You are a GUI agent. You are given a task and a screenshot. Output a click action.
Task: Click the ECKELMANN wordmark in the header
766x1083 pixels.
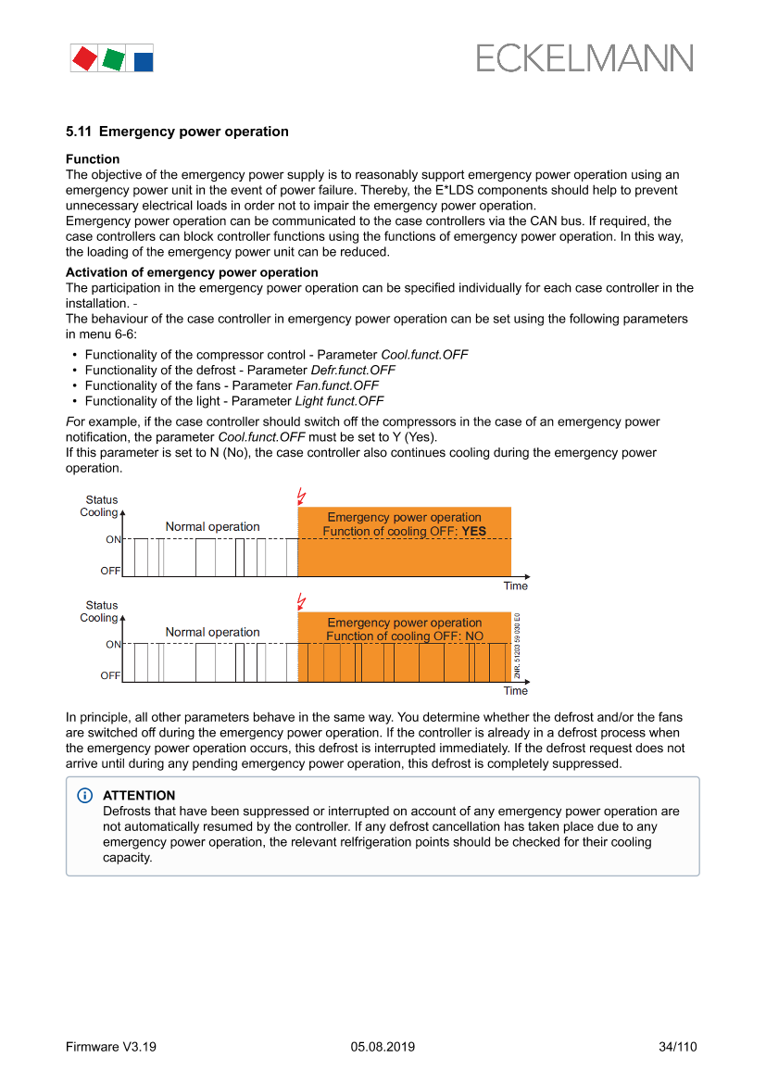click(x=584, y=58)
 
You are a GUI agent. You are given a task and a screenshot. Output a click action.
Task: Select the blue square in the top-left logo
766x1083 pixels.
click(x=144, y=62)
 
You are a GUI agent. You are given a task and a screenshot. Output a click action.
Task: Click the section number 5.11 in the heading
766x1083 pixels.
click(x=78, y=132)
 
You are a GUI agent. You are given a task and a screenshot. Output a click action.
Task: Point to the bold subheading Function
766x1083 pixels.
click(x=93, y=159)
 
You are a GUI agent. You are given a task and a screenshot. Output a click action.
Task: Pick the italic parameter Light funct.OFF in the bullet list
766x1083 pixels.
click(x=339, y=401)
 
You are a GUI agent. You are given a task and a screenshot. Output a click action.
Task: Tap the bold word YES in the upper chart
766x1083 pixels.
click(x=473, y=532)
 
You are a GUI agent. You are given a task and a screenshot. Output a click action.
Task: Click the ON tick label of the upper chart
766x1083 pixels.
click(x=112, y=539)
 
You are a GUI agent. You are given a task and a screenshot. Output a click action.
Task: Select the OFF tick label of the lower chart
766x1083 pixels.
click(x=110, y=676)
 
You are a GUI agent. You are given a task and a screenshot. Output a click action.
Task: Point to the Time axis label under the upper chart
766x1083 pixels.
click(x=516, y=586)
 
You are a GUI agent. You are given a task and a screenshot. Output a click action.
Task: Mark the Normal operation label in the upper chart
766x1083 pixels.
click(x=212, y=527)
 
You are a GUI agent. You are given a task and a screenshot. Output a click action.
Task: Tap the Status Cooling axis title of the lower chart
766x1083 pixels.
click(x=100, y=611)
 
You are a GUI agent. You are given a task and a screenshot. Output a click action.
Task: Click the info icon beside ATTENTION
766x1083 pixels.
click(x=85, y=796)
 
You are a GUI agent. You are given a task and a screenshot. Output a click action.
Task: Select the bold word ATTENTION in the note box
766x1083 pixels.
click(x=139, y=796)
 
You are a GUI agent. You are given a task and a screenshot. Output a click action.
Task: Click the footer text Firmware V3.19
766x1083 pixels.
click(x=111, y=1047)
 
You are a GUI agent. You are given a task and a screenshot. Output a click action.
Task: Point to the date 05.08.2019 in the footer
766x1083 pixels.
click(x=383, y=1047)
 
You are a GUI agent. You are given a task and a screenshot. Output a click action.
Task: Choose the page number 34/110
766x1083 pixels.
click(x=677, y=1047)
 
